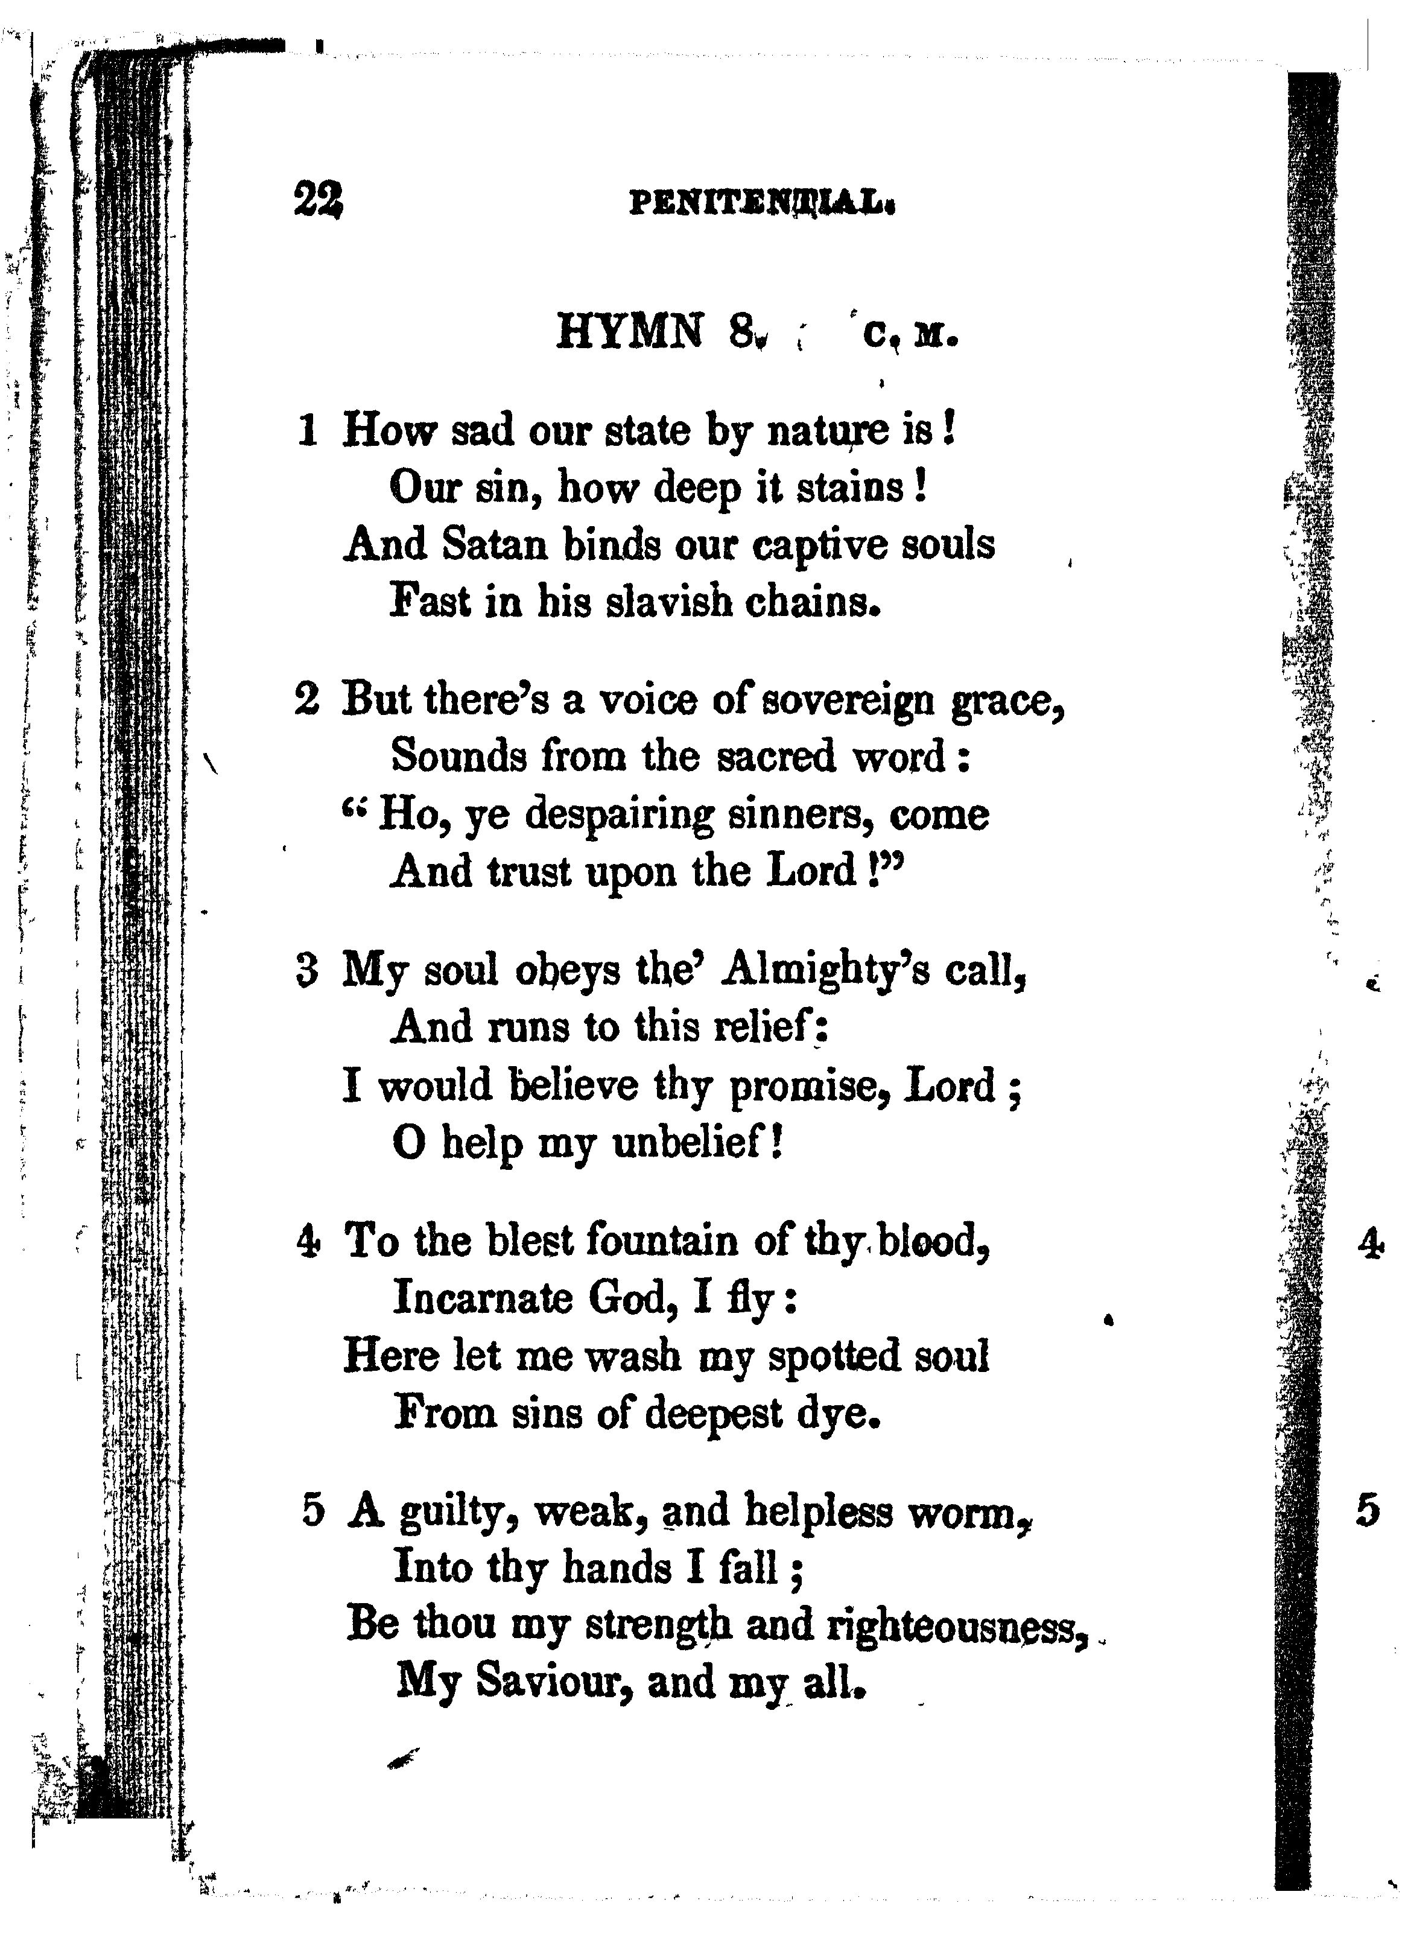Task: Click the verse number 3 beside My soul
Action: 306,971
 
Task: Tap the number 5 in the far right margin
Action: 1368,1511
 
